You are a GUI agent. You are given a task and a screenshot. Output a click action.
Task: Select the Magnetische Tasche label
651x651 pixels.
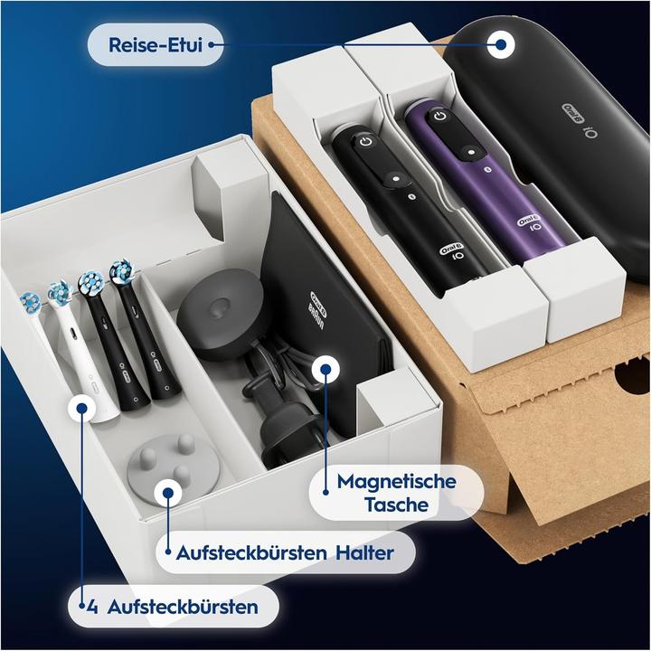point(395,493)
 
